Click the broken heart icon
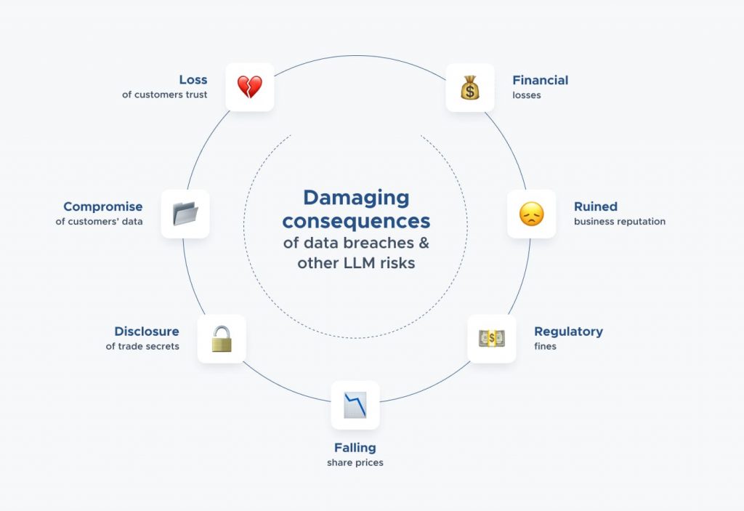pyautogui.click(x=250, y=87)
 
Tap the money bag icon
pyautogui.click(x=470, y=87)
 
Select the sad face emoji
pyautogui.click(x=531, y=214)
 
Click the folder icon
pyautogui.click(x=185, y=214)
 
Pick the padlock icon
pyautogui.click(x=222, y=339)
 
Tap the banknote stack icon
pyautogui.click(x=492, y=339)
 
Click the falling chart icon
pyautogui.click(x=355, y=405)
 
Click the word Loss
pyautogui.click(x=193, y=79)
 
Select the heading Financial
pyautogui.click(x=541, y=80)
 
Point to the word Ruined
pyautogui.click(x=596, y=206)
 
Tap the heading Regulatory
pyautogui.click(x=568, y=331)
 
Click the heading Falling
pyautogui.click(x=355, y=448)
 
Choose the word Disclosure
pyautogui.click(x=147, y=331)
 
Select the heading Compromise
pyautogui.click(x=103, y=207)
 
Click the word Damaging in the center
pyautogui.click(x=356, y=198)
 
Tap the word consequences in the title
pyautogui.click(x=356, y=221)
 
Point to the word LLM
pyautogui.click(x=359, y=262)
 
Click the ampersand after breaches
pyautogui.click(x=424, y=243)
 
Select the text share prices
pyautogui.click(x=355, y=462)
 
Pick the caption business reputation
pyautogui.click(x=620, y=221)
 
